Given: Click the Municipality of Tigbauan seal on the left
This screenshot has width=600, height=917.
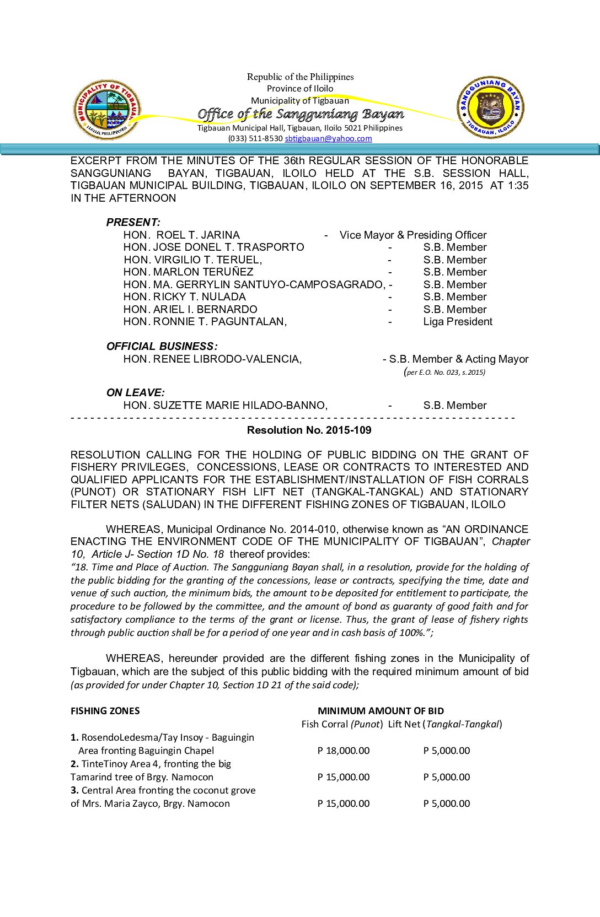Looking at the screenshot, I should pos(106,109).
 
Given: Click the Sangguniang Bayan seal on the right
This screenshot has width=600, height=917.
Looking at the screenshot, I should pos(490,107).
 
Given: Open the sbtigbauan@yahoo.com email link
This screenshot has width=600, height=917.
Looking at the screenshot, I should pos(328,139).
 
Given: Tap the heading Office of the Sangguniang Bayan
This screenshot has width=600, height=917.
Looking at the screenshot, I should pos(301,114).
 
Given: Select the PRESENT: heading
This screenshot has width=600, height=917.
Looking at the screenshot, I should pos(133,222).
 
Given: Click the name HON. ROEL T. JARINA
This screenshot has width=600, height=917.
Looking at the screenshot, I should pos(181,235).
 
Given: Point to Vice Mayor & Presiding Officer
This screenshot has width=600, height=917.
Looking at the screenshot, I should pos(413,235).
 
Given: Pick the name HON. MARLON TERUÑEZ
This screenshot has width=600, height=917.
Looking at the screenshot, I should pos(188,272).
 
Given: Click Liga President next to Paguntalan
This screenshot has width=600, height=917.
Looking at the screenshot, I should pos(458,322).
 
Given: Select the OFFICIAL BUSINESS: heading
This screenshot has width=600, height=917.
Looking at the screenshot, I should pos(162,347).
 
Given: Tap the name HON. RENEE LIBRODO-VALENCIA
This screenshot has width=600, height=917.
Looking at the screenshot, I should pos(212,359).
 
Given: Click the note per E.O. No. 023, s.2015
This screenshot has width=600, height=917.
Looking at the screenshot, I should pos(445,373).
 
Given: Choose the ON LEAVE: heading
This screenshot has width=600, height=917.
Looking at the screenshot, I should pos(136,393).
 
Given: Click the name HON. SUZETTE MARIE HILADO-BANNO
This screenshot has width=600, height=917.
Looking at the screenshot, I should pos(225,406).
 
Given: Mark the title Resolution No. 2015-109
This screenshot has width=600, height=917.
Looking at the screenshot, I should pos(309,430).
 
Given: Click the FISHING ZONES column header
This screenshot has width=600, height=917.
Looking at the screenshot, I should pos(105,711).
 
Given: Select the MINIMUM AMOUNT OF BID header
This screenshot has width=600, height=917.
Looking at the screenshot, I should pos(381,711).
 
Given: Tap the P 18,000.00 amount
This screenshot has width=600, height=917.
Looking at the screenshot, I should pos(344,751).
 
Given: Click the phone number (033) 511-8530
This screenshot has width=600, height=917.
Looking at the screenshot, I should pos(255,139).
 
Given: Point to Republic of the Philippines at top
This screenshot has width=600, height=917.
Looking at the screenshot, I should pos(300,77).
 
